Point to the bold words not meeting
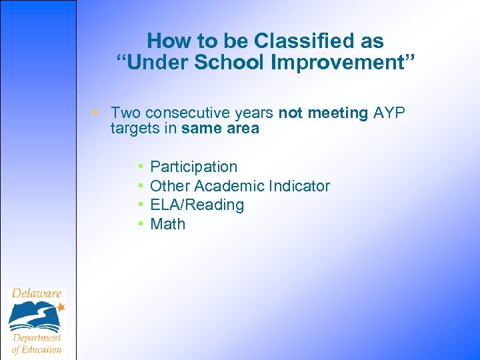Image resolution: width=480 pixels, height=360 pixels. click(323, 113)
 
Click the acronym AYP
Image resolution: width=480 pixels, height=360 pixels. click(389, 113)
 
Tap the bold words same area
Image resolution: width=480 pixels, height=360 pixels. click(220, 129)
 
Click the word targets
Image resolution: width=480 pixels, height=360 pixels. click(136, 129)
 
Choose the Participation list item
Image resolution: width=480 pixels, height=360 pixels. click(193, 167)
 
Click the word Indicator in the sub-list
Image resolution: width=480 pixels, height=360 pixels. click(299, 186)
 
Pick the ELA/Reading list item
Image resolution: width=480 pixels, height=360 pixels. click(197, 205)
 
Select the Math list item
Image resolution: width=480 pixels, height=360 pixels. click(167, 224)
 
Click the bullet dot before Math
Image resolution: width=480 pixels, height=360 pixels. click(141, 224)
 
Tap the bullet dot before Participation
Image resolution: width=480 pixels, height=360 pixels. click(141, 167)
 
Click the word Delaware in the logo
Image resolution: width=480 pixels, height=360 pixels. click(36, 294)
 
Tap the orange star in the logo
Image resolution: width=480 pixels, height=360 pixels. click(61, 307)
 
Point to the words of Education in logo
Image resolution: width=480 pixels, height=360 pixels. click(37, 349)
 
